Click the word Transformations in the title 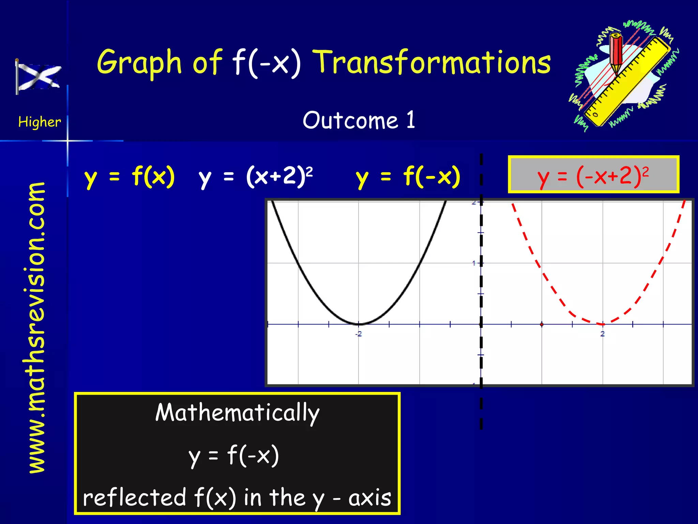pyautogui.click(x=432, y=62)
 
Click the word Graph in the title pyautogui.click(x=139, y=63)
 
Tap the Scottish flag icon pyautogui.click(x=38, y=77)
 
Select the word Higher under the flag pyautogui.click(x=40, y=122)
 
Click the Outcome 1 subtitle pyautogui.click(x=359, y=120)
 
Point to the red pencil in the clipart pyautogui.click(x=616, y=53)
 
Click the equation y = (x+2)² pyautogui.click(x=256, y=177)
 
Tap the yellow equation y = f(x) pyautogui.click(x=130, y=177)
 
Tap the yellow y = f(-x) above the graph pyautogui.click(x=408, y=177)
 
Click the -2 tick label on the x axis pyautogui.click(x=359, y=334)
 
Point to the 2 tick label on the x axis pyautogui.click(x=603, y=334)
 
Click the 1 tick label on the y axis pyautogui.click(x=474, y=263)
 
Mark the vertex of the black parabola pyautogui.click(x=359, y=323)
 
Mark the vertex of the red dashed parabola pyautogui.click(x=603, y=324)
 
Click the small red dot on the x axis pyautogui.click(x=542, y=324)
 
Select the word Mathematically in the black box pyautogui.click(x=237, y=413)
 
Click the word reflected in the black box pyautogui.click(x=135, y=497)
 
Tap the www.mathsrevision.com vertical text pyautogui.click(x=36, y=327)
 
